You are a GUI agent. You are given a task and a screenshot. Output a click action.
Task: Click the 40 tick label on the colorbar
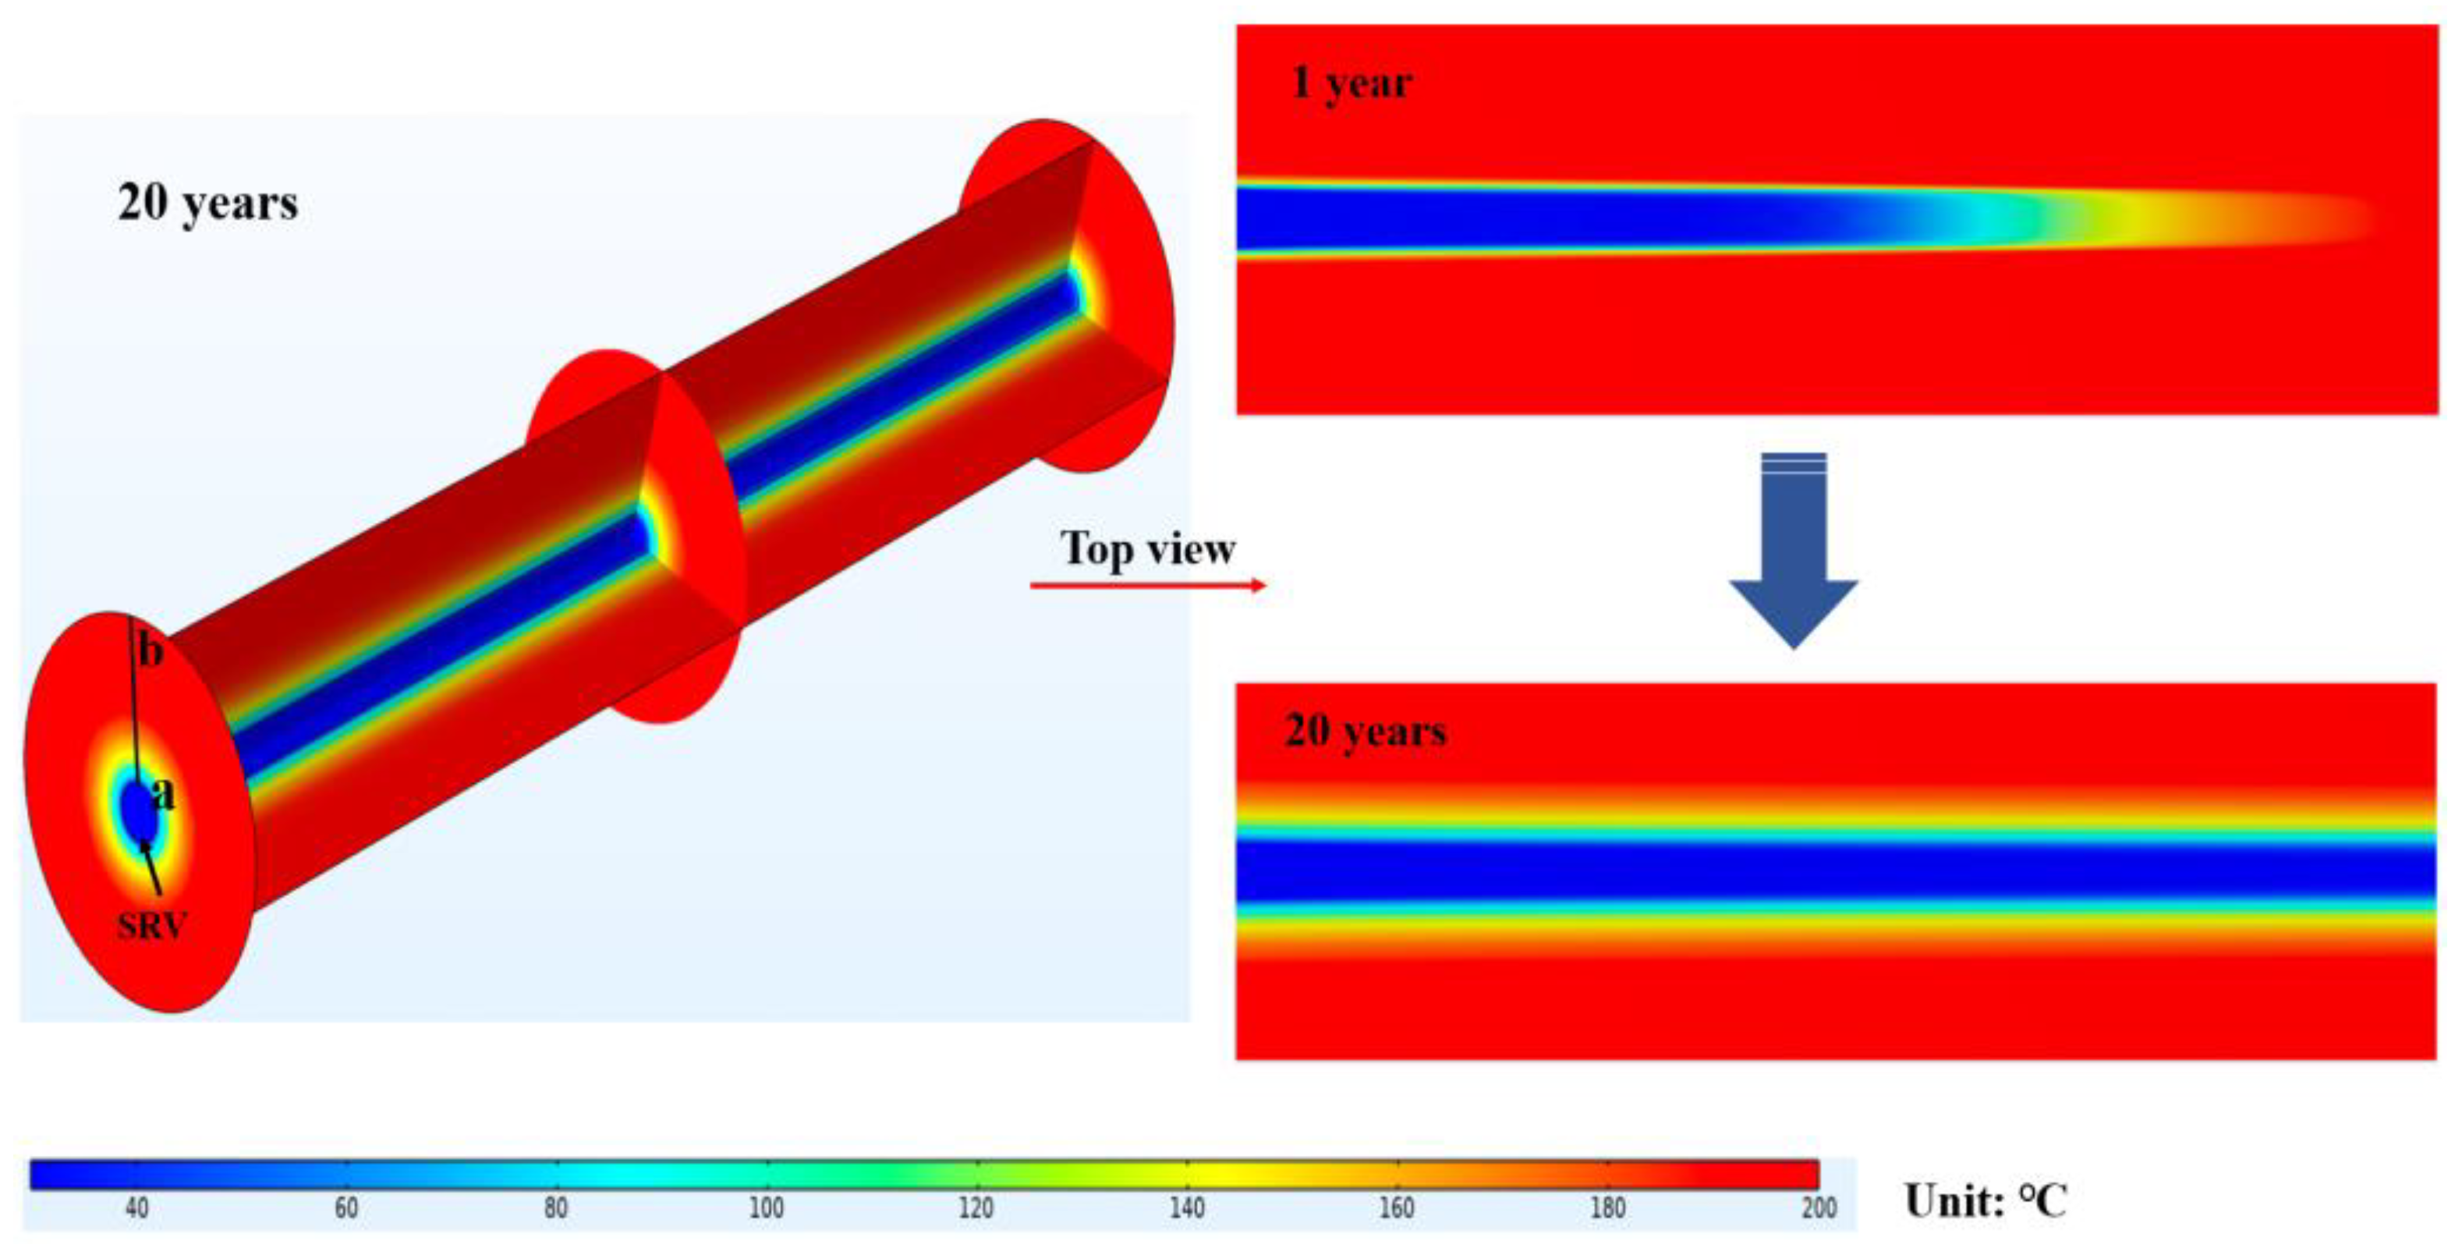click(136, 1209)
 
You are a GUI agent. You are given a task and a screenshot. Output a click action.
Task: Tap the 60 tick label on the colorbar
click(346, 1209)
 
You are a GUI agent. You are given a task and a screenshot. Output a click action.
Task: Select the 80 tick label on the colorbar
click(555, 1209)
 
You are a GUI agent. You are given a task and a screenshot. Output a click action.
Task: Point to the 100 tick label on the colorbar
click(766, 1209)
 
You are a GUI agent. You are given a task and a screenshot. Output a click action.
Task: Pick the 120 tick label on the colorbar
click(976, 1209)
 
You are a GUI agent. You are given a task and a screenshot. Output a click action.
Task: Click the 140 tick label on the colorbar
click(1186, 1209)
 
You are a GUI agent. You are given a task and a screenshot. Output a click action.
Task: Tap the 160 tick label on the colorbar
click(1397, 1209)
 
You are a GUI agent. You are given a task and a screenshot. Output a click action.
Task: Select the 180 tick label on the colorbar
click(1607, 1209)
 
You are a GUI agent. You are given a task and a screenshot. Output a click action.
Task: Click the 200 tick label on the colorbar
click(1819, 1209)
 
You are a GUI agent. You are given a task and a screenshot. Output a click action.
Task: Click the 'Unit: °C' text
click(1985, 1201)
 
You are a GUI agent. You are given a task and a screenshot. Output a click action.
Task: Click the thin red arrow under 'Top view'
click(1147, 585)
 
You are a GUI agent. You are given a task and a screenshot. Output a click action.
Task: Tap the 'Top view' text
click(1147, 548)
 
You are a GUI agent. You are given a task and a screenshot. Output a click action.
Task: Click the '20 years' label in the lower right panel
click(1365, 731)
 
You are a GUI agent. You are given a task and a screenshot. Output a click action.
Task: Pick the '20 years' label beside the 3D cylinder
click(207, 203)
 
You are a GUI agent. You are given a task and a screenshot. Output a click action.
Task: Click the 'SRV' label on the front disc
click(151, 926)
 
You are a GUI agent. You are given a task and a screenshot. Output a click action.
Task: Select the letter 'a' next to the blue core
click(165, 793)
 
